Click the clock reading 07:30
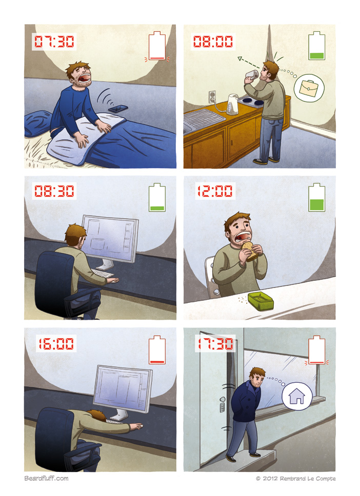[54, 42]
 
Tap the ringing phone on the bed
[118, 109]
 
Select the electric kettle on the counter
[233, 104]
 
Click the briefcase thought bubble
[309, 88]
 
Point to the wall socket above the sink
[212, 97]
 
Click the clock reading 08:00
[213, 42]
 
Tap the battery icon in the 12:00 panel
[316, 197]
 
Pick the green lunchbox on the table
[261, 301]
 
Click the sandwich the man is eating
[250, 251]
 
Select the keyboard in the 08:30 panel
[103, 273]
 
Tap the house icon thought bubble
[297, 396]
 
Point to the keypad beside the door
[222, 407]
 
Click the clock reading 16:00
[56, 343]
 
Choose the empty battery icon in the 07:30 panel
[157, 46]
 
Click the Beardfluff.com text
[46, 478]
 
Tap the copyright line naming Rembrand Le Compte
[296, 479]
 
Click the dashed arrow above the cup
[249, 63]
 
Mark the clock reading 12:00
[215, 191]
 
